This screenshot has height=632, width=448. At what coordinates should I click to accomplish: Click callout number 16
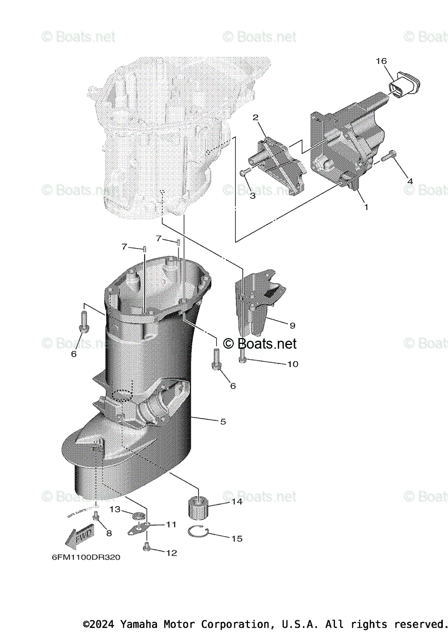381,61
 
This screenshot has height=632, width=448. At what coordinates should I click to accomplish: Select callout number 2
255,117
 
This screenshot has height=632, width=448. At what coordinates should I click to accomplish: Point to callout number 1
366,207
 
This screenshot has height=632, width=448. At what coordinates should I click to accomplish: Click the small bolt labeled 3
243,172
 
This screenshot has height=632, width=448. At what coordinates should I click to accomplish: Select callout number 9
292,325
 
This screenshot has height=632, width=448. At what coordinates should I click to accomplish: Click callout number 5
223,421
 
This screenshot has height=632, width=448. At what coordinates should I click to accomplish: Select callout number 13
115,509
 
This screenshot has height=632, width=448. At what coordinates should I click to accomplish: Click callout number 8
109,532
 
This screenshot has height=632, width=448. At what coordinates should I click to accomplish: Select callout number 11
171,524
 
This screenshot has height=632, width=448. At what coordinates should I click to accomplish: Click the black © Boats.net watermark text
260,344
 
